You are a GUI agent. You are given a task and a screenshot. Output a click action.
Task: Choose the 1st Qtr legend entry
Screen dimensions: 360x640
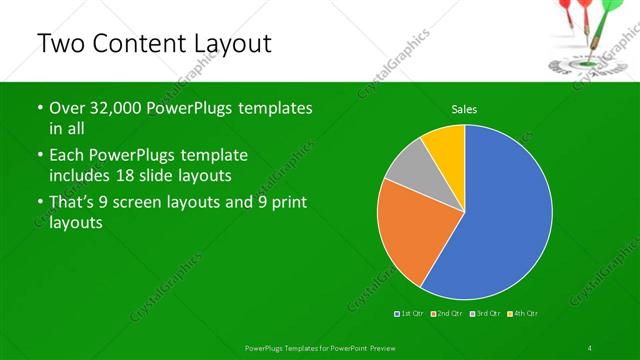click(410, 313)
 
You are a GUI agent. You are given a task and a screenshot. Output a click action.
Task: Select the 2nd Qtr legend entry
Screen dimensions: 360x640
click(446, 313)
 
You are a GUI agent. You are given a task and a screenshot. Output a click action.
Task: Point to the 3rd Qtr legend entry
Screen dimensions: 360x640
click(485, 313)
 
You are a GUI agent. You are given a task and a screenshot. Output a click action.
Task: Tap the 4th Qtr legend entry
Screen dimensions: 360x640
click(523, 313)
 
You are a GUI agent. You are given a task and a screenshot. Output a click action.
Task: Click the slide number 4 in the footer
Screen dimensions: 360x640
click(590, 346)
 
